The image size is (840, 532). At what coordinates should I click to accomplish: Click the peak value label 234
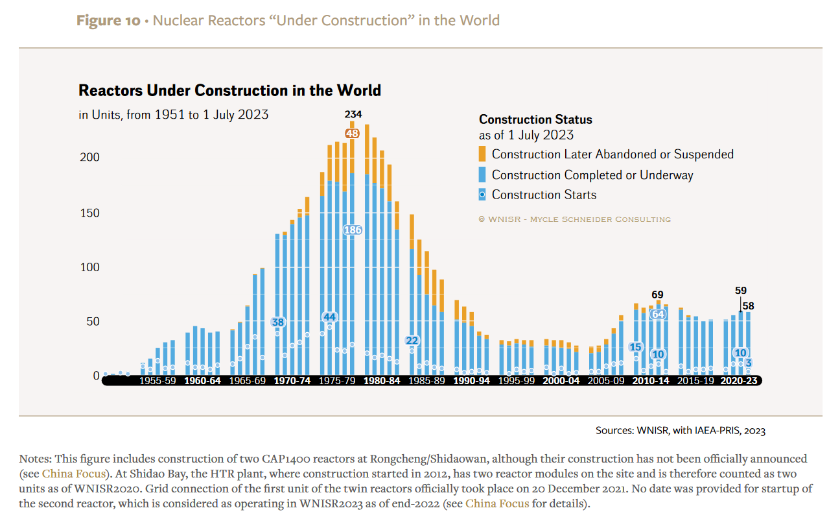pos(353,115)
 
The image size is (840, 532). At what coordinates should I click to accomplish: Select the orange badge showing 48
pos(352,133)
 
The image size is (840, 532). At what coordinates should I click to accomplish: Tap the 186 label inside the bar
pos(352,230)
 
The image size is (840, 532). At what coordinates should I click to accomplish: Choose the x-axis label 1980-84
pos(382,381)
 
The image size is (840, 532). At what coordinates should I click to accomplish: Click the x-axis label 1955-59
pos(157,381)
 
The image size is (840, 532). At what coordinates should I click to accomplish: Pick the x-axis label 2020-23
pos(739,381)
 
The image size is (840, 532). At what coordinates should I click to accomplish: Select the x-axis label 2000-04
pos(561,381)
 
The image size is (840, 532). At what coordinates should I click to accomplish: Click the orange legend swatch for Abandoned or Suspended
pos(482,154)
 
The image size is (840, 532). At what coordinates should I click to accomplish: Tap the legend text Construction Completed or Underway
pos(592,175)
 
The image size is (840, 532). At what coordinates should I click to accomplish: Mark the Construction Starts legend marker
pos(482,195)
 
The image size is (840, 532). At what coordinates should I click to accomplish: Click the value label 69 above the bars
pos(657,295)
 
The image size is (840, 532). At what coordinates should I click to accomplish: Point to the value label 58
pos(748,306)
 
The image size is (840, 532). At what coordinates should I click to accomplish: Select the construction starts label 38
pos(277,322)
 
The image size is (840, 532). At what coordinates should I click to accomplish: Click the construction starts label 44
pos(329,317)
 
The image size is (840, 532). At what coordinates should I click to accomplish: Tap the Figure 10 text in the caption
pos(108,20)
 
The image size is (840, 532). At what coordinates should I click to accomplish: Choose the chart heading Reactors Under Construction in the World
pos(229,90)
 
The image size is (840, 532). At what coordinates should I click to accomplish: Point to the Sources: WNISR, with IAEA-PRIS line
pos(681,430)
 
